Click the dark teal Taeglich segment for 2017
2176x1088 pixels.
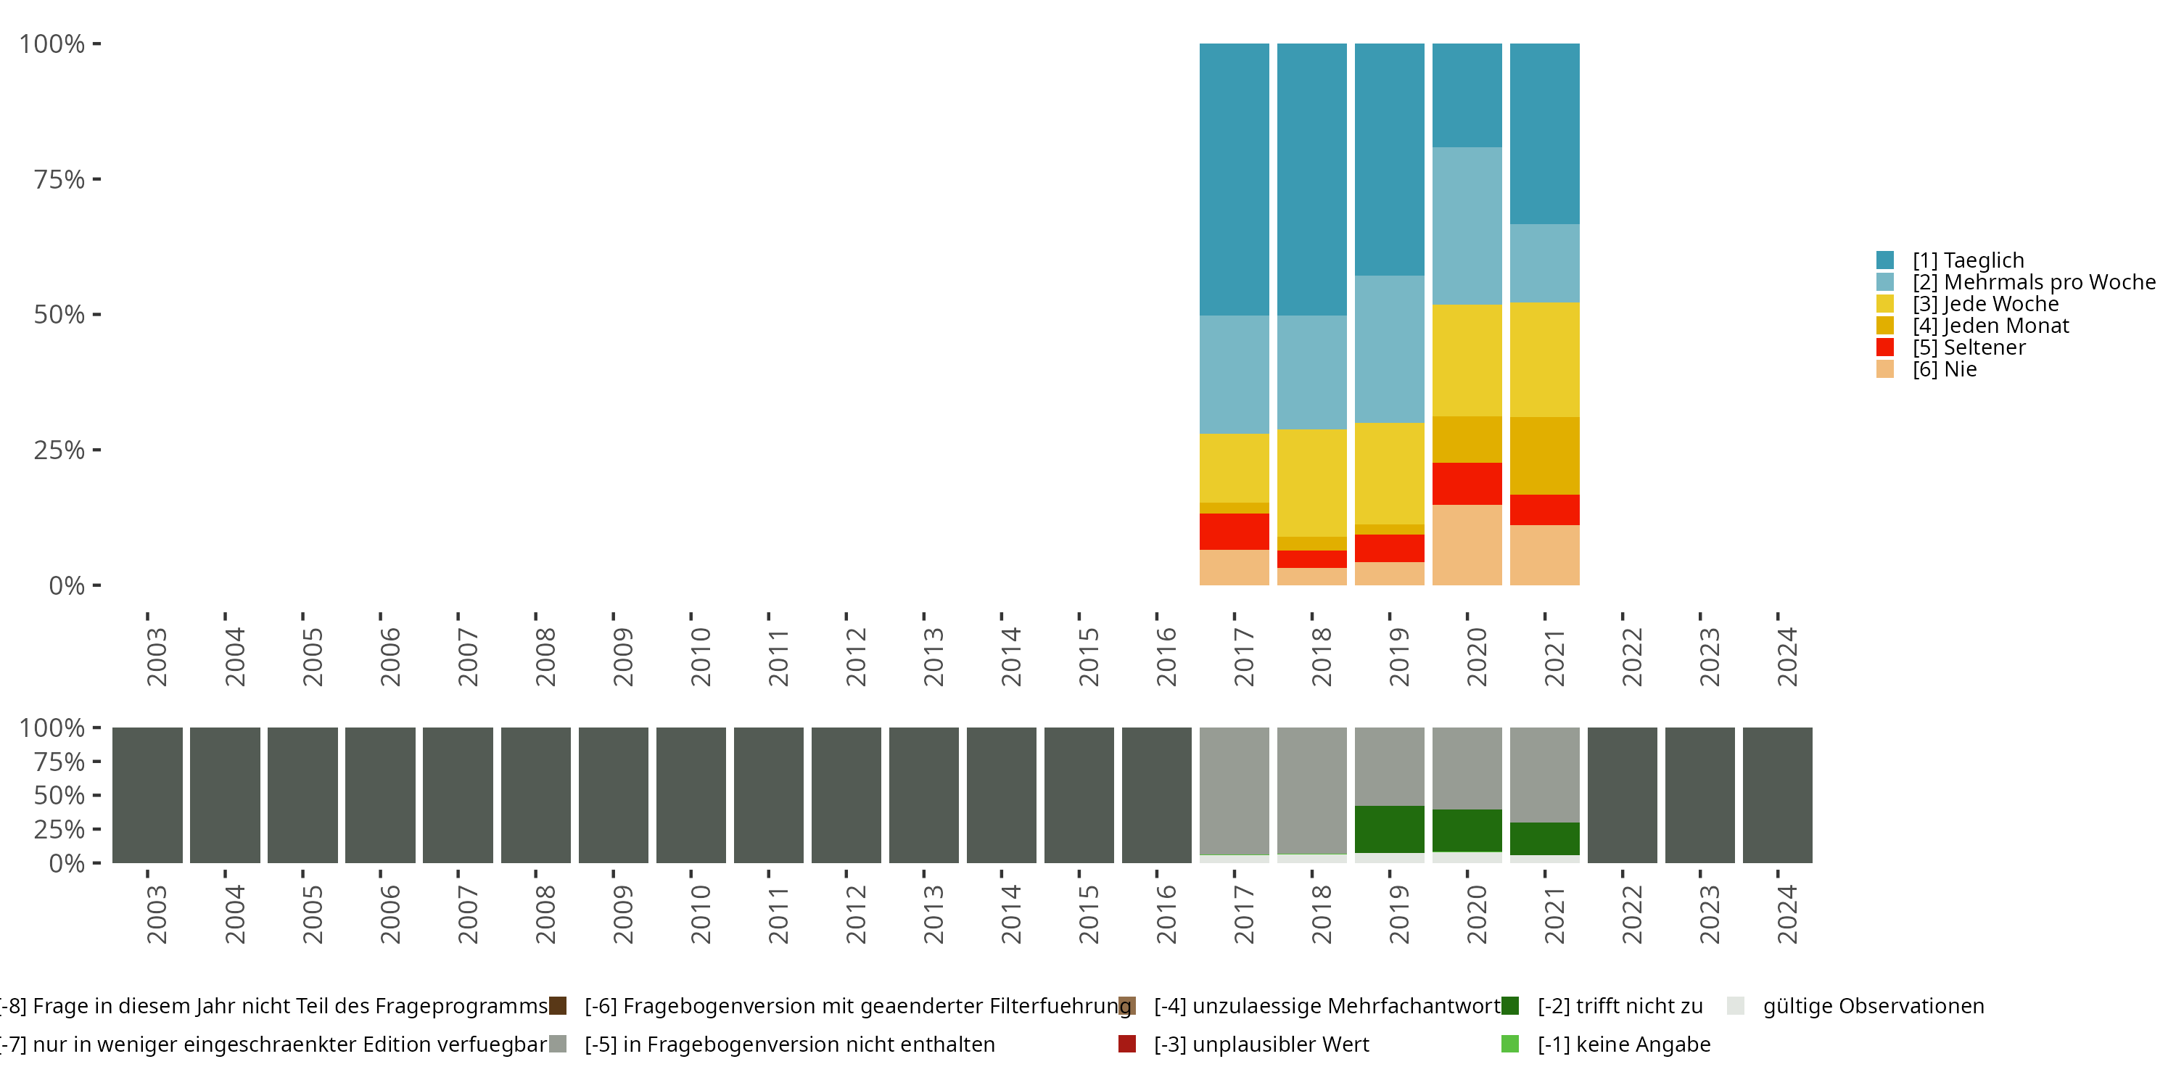[x=1234, y=179]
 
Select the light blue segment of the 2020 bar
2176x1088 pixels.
[x=1467, y=226]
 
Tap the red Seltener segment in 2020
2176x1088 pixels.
[x=1467, y=483]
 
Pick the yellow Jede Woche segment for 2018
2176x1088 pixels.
[x=1312, y=482]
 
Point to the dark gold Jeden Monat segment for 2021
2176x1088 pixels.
[x=1545, y=456]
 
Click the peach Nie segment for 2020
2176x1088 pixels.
[x=1467, y=545]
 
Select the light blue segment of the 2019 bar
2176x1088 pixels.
[x=1390, y=349]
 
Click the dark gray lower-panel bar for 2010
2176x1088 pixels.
[x=691, y=795]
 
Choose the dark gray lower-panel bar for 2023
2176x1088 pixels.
[x=1699, y=795]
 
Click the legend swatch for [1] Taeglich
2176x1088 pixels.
[x=1885, y=260]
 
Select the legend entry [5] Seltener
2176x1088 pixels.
[x=1951, y=347]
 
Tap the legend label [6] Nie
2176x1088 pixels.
[x=1945, y=369]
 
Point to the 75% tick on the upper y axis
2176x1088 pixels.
[x=96, y=179]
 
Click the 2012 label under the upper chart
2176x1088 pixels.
[x=856, y=656]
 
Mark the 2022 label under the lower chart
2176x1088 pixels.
[x=1632, y=914]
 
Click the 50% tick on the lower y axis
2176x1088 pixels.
[x=96, y=795]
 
